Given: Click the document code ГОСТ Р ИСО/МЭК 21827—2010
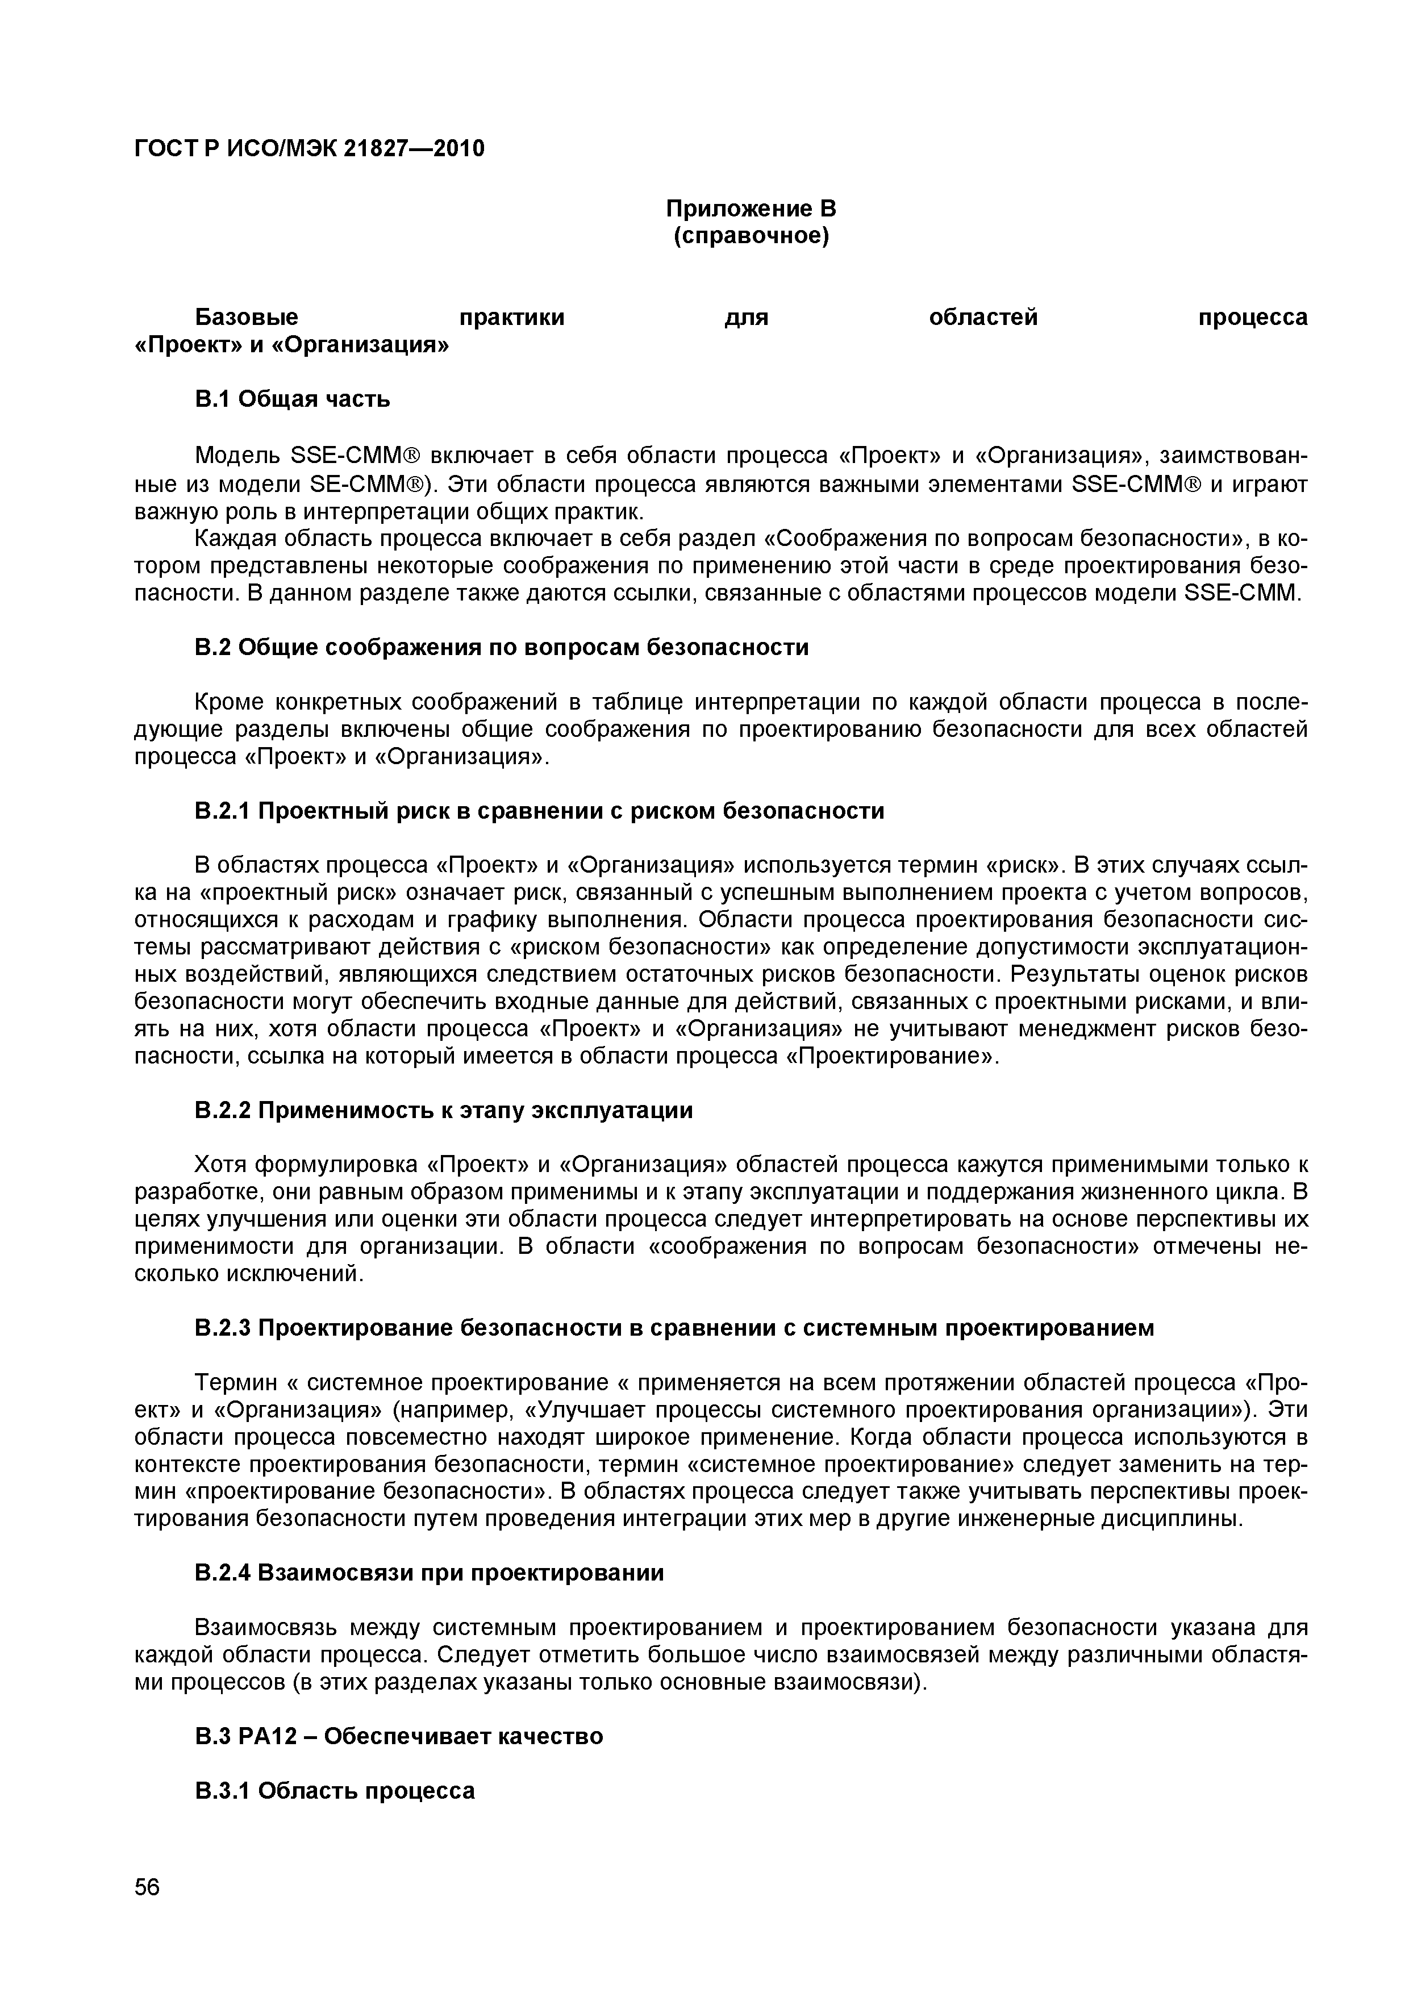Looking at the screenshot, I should pos(310,149).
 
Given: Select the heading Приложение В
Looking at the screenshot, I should pos(750,209).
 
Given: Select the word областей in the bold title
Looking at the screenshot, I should pos(983,318).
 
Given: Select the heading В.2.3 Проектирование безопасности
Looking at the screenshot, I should pos(674,1328).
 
